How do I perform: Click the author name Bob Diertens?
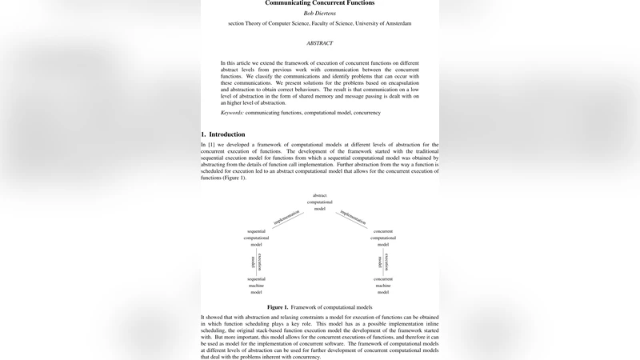319,14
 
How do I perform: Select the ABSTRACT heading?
319,42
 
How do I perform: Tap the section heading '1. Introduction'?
223,134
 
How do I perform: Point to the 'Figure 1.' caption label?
282,306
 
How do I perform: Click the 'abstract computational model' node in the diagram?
319,202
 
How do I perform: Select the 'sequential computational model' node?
256,238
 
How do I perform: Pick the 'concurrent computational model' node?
383,238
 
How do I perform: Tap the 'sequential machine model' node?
256,284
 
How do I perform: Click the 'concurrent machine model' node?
383,284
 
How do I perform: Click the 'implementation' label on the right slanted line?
354,216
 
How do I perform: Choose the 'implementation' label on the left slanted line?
286,216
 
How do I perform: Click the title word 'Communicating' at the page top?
293,3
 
